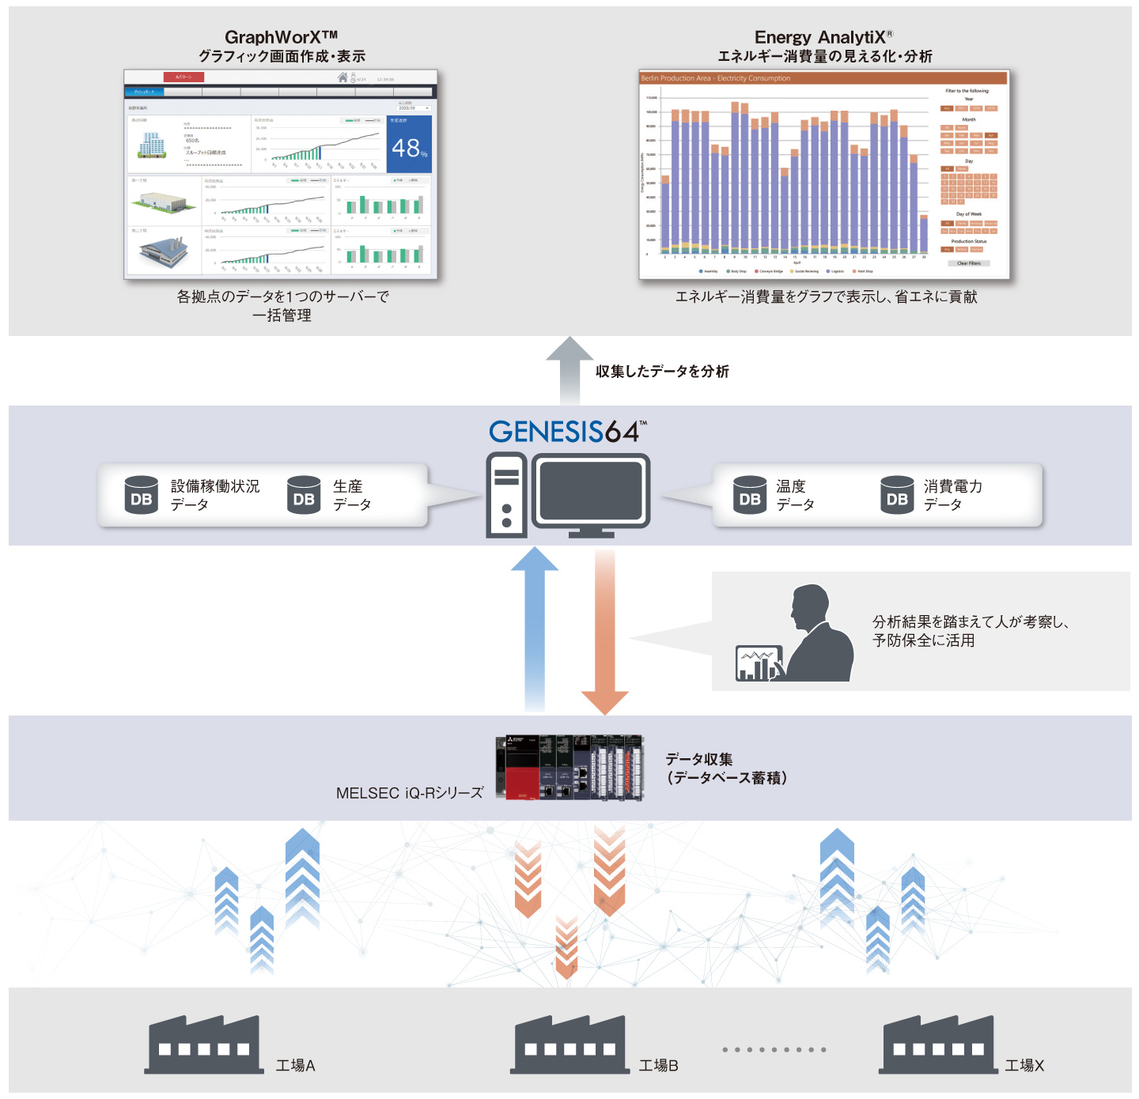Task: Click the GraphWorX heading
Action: [x=281, y=37]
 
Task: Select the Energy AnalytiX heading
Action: [x=823, y=37]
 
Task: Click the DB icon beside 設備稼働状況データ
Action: [x=142, y=495]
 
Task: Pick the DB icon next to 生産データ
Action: [x=304, y=495]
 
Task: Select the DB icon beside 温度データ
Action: [x=750, y=495]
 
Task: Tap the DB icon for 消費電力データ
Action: [x=897, y=495]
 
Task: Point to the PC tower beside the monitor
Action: [x=506, y=495]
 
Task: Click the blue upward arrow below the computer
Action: [x=535, y=629]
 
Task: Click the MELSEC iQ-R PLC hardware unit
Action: [x=569, y=767]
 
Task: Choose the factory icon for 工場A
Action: [x=204, y=1045]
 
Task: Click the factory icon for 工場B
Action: [x=569, y=1045]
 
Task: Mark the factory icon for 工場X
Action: [x=937, y=1045]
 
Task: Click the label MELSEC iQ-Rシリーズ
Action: [x=410, y=793]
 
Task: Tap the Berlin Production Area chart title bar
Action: [x=823, y=78]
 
